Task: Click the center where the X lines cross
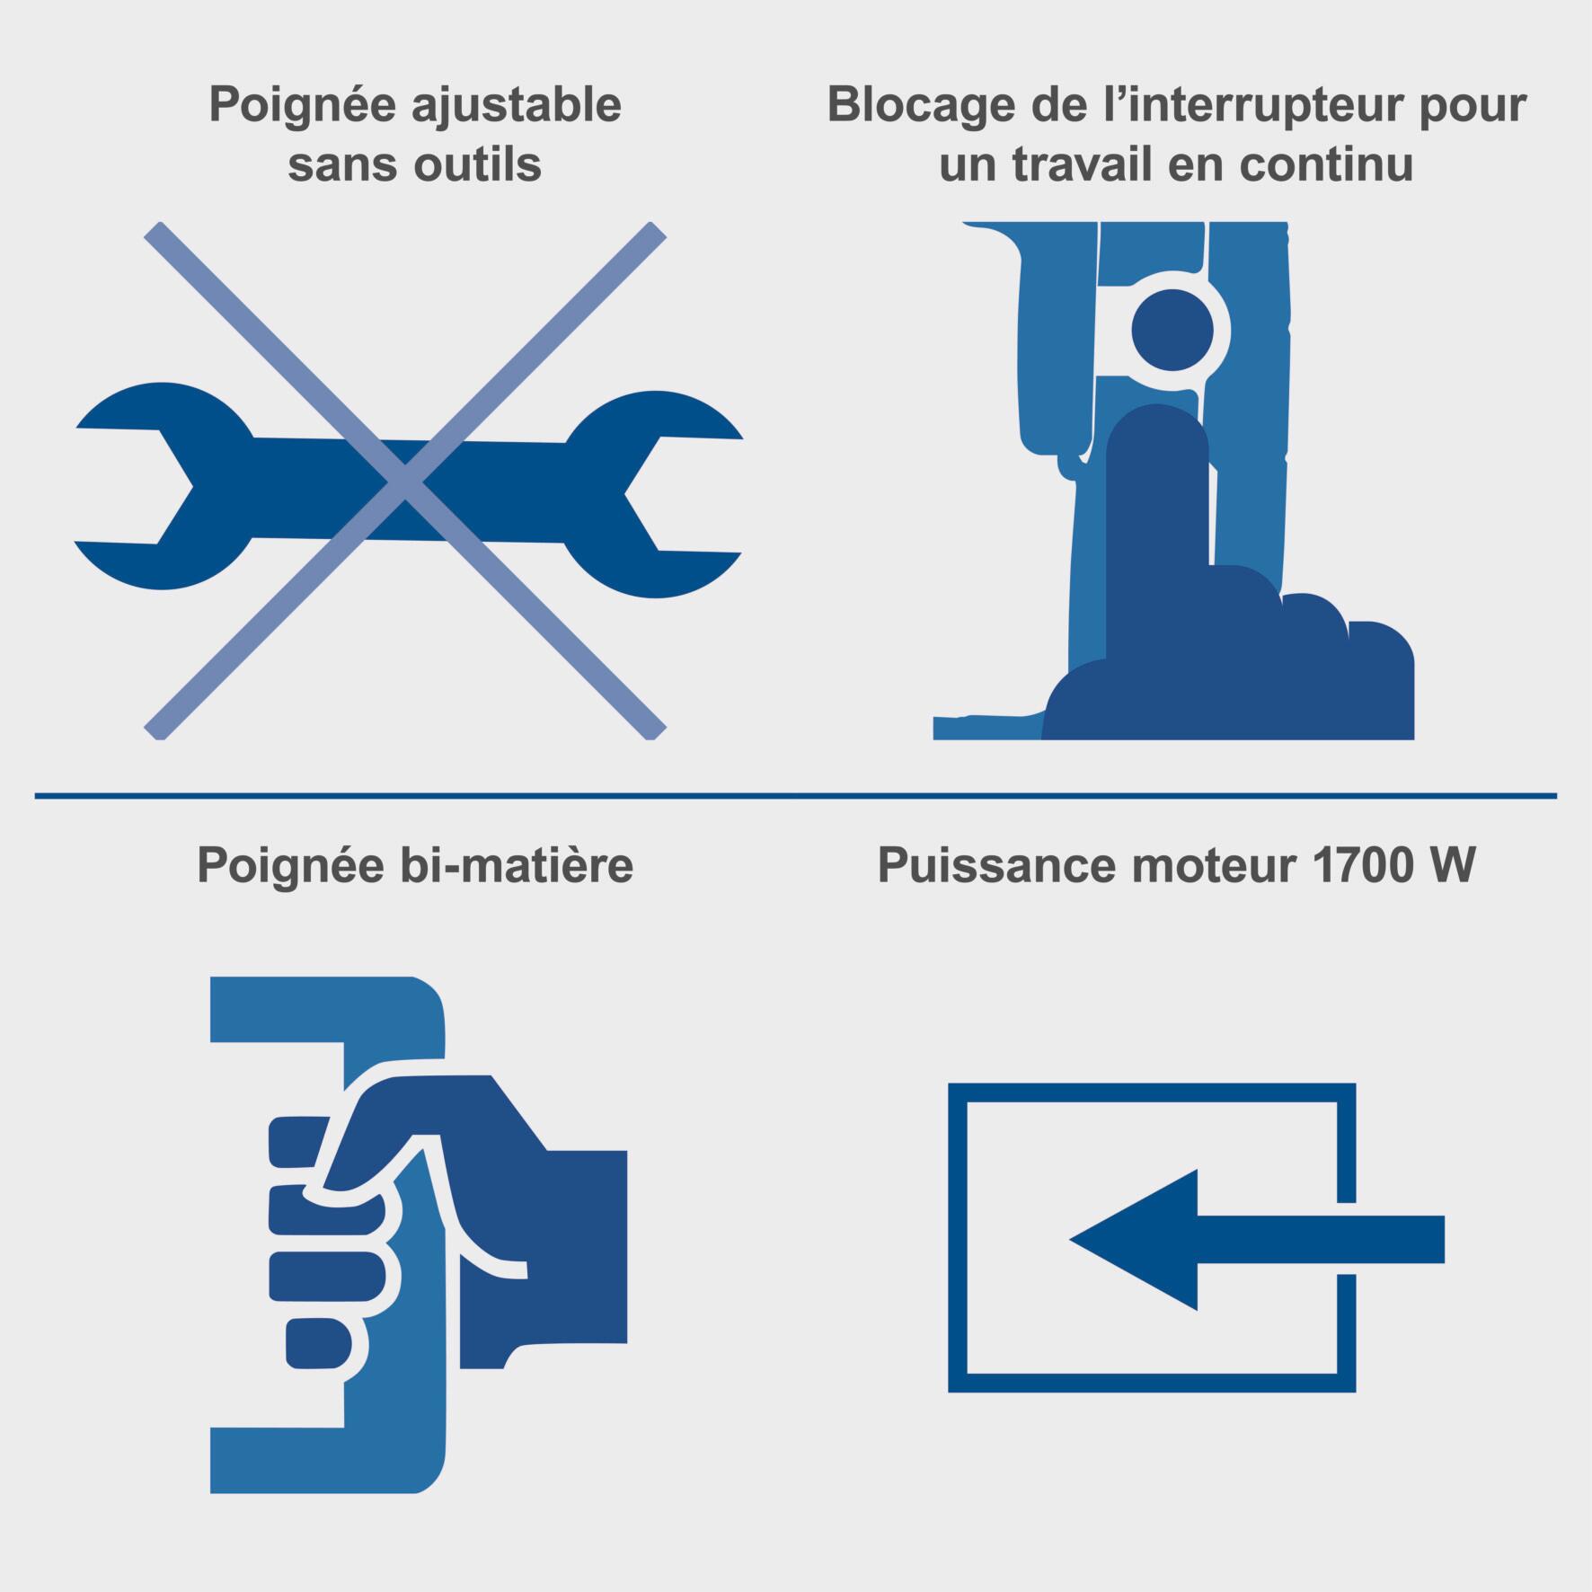(x=405, y=482)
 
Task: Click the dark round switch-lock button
(x=1172, y=331)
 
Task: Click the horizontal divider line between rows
(x=795, y=795)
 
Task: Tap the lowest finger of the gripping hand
(x=318, y=1342)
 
